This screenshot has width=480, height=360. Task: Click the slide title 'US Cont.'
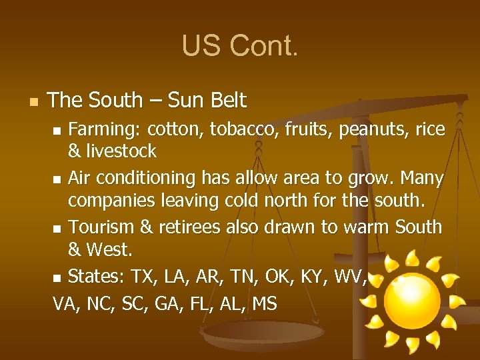[x=240, y=46]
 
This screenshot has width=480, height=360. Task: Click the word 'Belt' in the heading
[x=228, y=101]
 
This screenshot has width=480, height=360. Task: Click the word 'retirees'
[x=190, y=227]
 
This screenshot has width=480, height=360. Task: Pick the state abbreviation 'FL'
[x=199, y=303]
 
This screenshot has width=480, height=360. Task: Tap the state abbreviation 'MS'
[x=265, y=303]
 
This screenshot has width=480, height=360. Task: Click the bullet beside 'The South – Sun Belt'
[x=35, y=102]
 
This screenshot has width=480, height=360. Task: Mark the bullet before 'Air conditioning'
[x=58, y=179]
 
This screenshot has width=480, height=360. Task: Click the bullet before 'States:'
[x=58, y=277]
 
